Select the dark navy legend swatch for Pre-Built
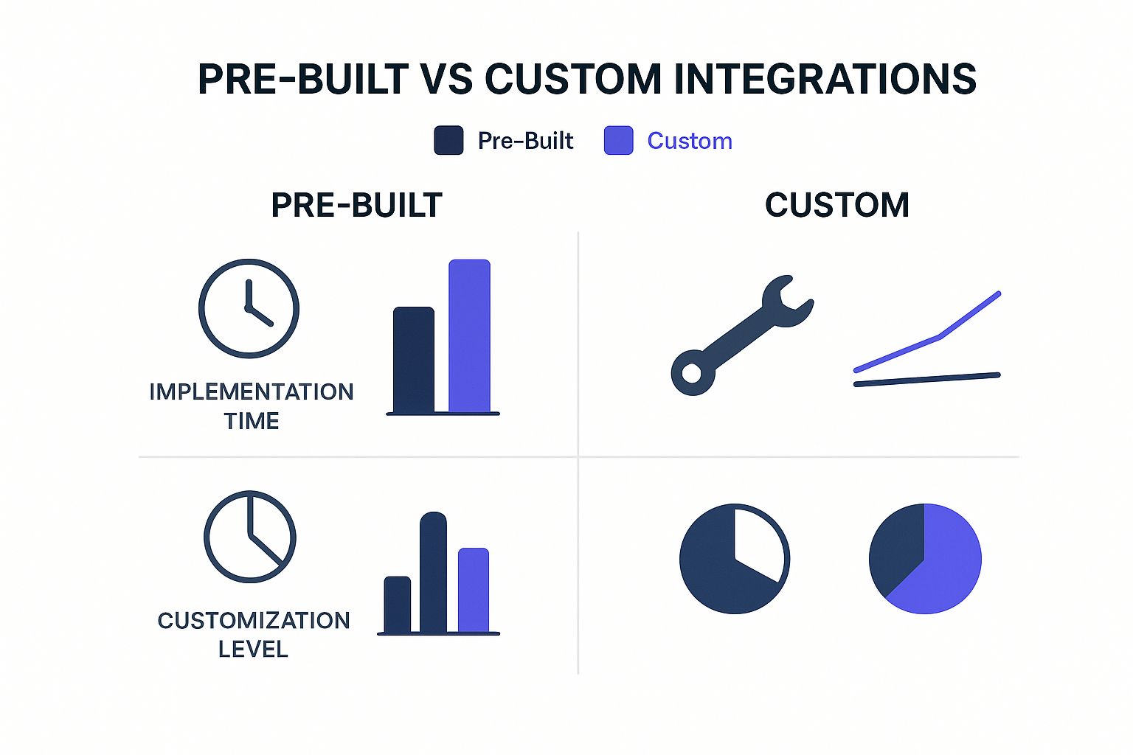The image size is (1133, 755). (x=448, y=140)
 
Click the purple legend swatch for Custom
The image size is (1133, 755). (x=618, y=140)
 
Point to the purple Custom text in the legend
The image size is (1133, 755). (x=689, y=141)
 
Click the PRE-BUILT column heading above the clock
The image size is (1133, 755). (x=356, y=205)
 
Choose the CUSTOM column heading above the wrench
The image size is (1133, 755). (x=836, y=205)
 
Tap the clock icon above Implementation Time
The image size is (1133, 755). (x=249, y=308)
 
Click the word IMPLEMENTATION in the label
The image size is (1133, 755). (x=252, y=392)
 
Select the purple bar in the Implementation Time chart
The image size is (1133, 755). (x=469, y=335)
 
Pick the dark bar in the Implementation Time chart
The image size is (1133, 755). (x=413, y=359)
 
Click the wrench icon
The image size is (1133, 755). (x=741, y=335)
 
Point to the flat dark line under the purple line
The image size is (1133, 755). (x=926, y=380)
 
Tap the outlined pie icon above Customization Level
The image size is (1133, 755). (x=249, y=536)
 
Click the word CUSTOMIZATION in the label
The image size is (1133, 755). (x=253, y=620)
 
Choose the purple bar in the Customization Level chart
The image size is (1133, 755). (x=474, y=590)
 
